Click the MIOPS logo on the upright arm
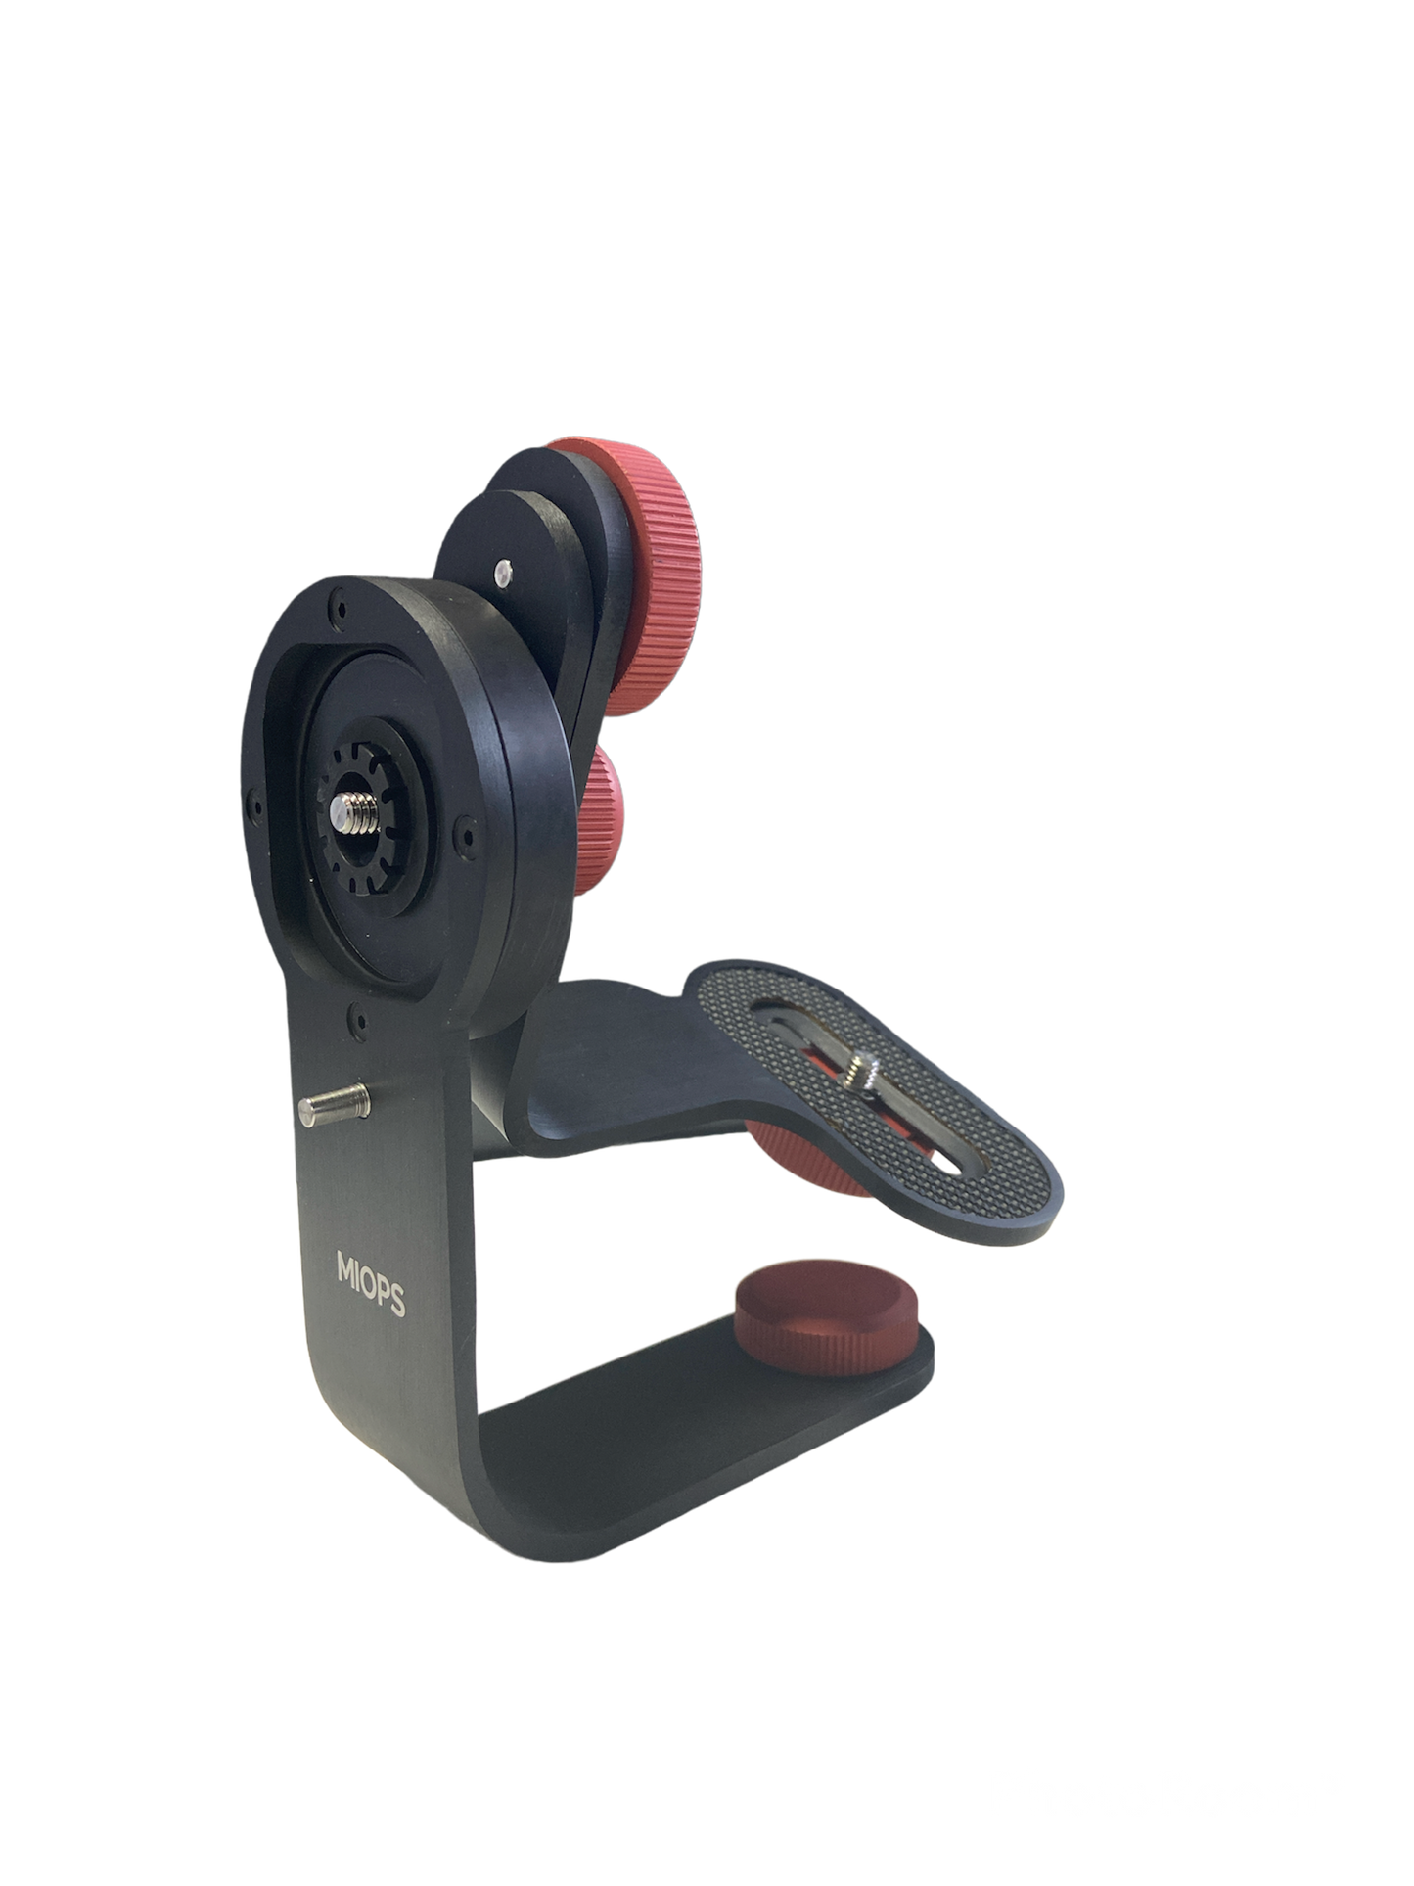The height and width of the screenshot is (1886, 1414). pos(371,1284)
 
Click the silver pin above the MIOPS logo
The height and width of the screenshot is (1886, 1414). pos(334,1106)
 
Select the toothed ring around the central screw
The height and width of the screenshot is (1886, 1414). pos(357,813)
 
